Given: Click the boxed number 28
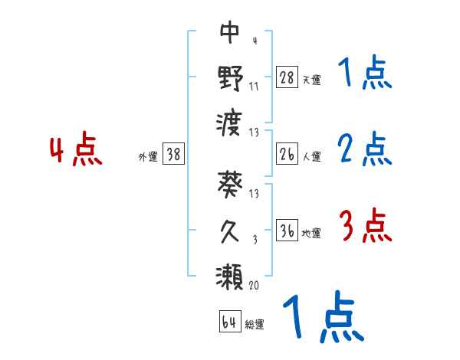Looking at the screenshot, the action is (287, 77).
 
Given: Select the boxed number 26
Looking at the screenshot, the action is (287, 154).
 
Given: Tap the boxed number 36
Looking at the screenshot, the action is (287, 231).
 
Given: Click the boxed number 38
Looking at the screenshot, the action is (173, 154).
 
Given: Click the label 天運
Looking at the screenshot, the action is (311, 79).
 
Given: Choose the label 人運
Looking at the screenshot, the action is (311, 156).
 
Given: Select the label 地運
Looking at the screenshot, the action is (311, 234).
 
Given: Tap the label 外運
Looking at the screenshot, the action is (148, 156).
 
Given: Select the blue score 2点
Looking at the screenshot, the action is (365, 150).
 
